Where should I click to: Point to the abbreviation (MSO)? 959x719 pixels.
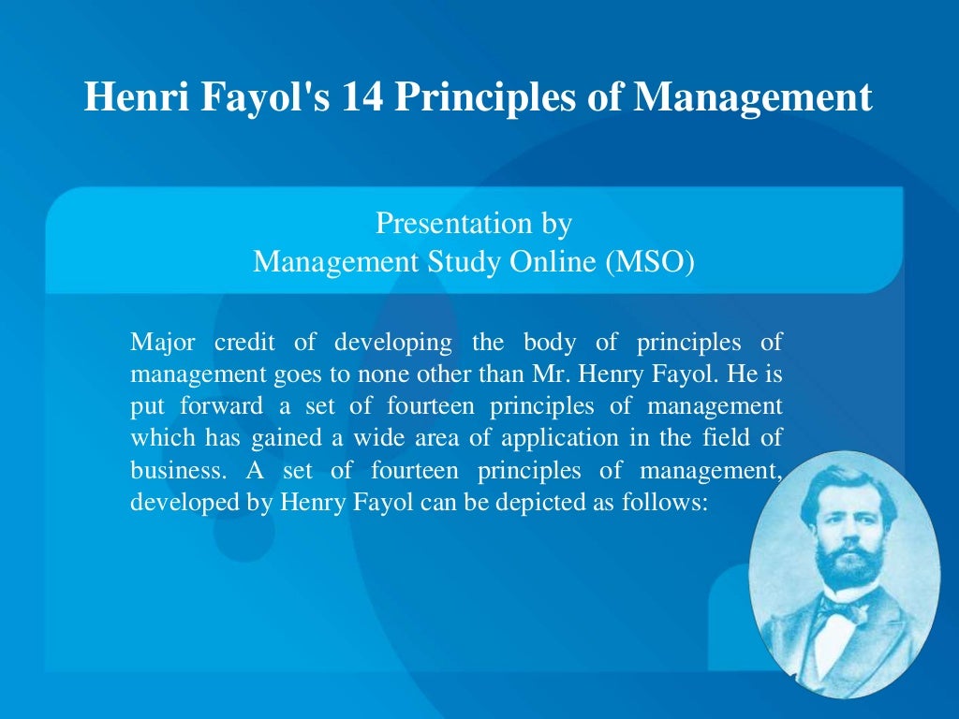[x=650, y=261]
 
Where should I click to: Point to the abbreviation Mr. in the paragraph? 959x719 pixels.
[x=555, y=374]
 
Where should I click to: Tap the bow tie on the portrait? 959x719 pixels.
[x=845, y=609]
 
